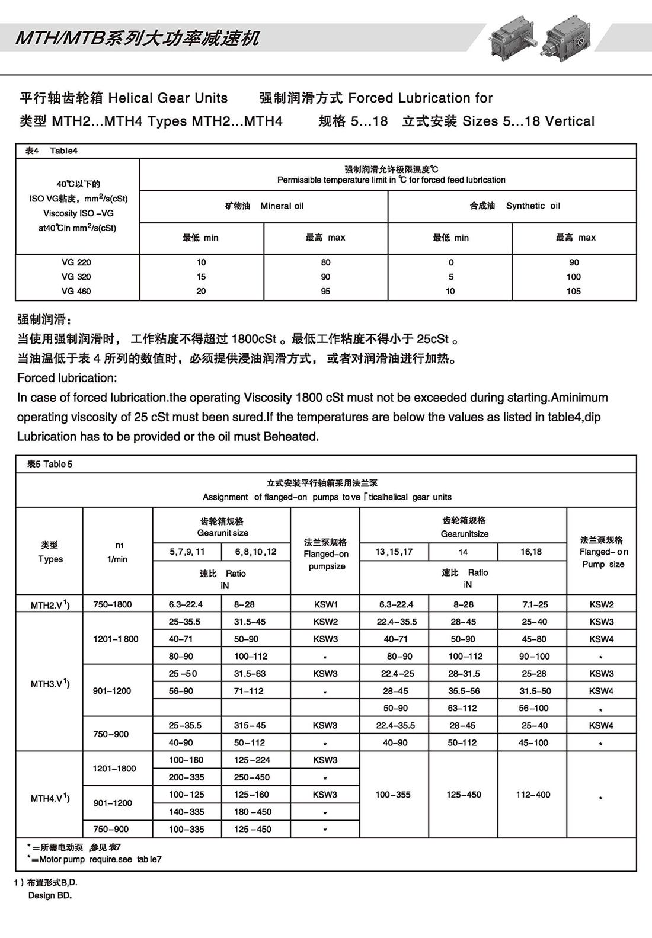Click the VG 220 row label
(x=76, y=262)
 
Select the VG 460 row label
(x=76, y=292)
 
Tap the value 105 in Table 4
(x=573, y=292)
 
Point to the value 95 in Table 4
(x=325, y=292)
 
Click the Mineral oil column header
(x=264, y=206)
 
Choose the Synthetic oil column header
(x=514, y=206)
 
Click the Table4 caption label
(x=52, y=151)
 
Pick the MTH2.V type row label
(x=50, y=605)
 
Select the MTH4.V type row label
(x=50, y=798)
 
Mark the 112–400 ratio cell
(x=533, y=795)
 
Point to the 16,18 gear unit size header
(x=531, y=552)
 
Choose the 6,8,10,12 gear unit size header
(x=255, y=552)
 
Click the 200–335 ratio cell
(x=186, y=777)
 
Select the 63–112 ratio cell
(x=462, y=708)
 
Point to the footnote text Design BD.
(x=50, y=895)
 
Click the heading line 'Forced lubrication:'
(x=67, y=378)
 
